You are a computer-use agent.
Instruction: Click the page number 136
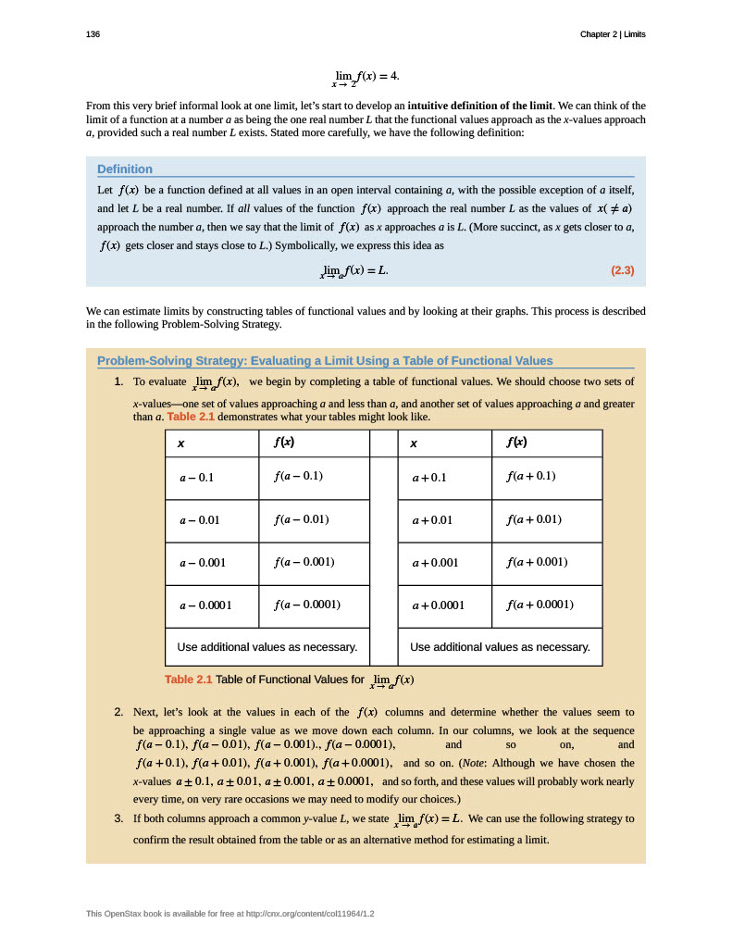(93, 34)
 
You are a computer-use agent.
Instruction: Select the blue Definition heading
(125, 168)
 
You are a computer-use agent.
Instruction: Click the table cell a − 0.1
(196, 478)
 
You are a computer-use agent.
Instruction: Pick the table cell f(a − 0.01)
(302, 518)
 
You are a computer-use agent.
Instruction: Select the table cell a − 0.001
(203, 562)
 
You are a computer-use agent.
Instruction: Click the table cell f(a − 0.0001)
(307, 605)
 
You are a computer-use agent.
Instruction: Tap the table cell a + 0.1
(429, 478)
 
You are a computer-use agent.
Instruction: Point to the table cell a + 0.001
(435, 562)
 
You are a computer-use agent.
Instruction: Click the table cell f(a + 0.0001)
(540, 605)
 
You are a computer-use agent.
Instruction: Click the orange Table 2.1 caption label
(188, 680)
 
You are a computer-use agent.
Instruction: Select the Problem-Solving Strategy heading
(325, 361)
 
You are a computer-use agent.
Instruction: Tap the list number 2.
(118, 712)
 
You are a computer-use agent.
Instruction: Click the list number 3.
(118, 818)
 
